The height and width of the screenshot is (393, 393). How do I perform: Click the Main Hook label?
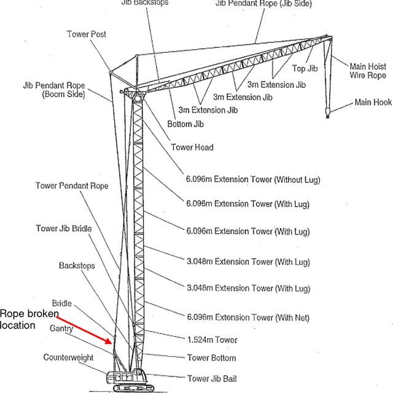tap(373, 102)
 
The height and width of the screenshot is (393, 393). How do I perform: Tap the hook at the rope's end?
tap(328, 112)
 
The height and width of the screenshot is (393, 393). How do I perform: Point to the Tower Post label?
tap(87, 34)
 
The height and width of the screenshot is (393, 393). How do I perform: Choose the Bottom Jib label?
tap(185, 123)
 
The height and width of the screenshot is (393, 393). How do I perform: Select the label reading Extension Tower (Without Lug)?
tap(253, 180)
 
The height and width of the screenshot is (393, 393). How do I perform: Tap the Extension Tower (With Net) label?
tap(247, 317)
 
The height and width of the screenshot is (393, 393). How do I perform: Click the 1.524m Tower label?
tap(212, 340)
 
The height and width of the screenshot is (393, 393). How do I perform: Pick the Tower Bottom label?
tap(211, 357)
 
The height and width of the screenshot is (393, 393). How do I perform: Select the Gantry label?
tap(61, 329)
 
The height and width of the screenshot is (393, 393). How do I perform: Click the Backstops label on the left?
tap(77, 266)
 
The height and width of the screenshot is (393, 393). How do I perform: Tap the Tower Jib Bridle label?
tap(64, 229)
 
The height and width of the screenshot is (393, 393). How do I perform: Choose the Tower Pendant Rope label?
tap(72, 185)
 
